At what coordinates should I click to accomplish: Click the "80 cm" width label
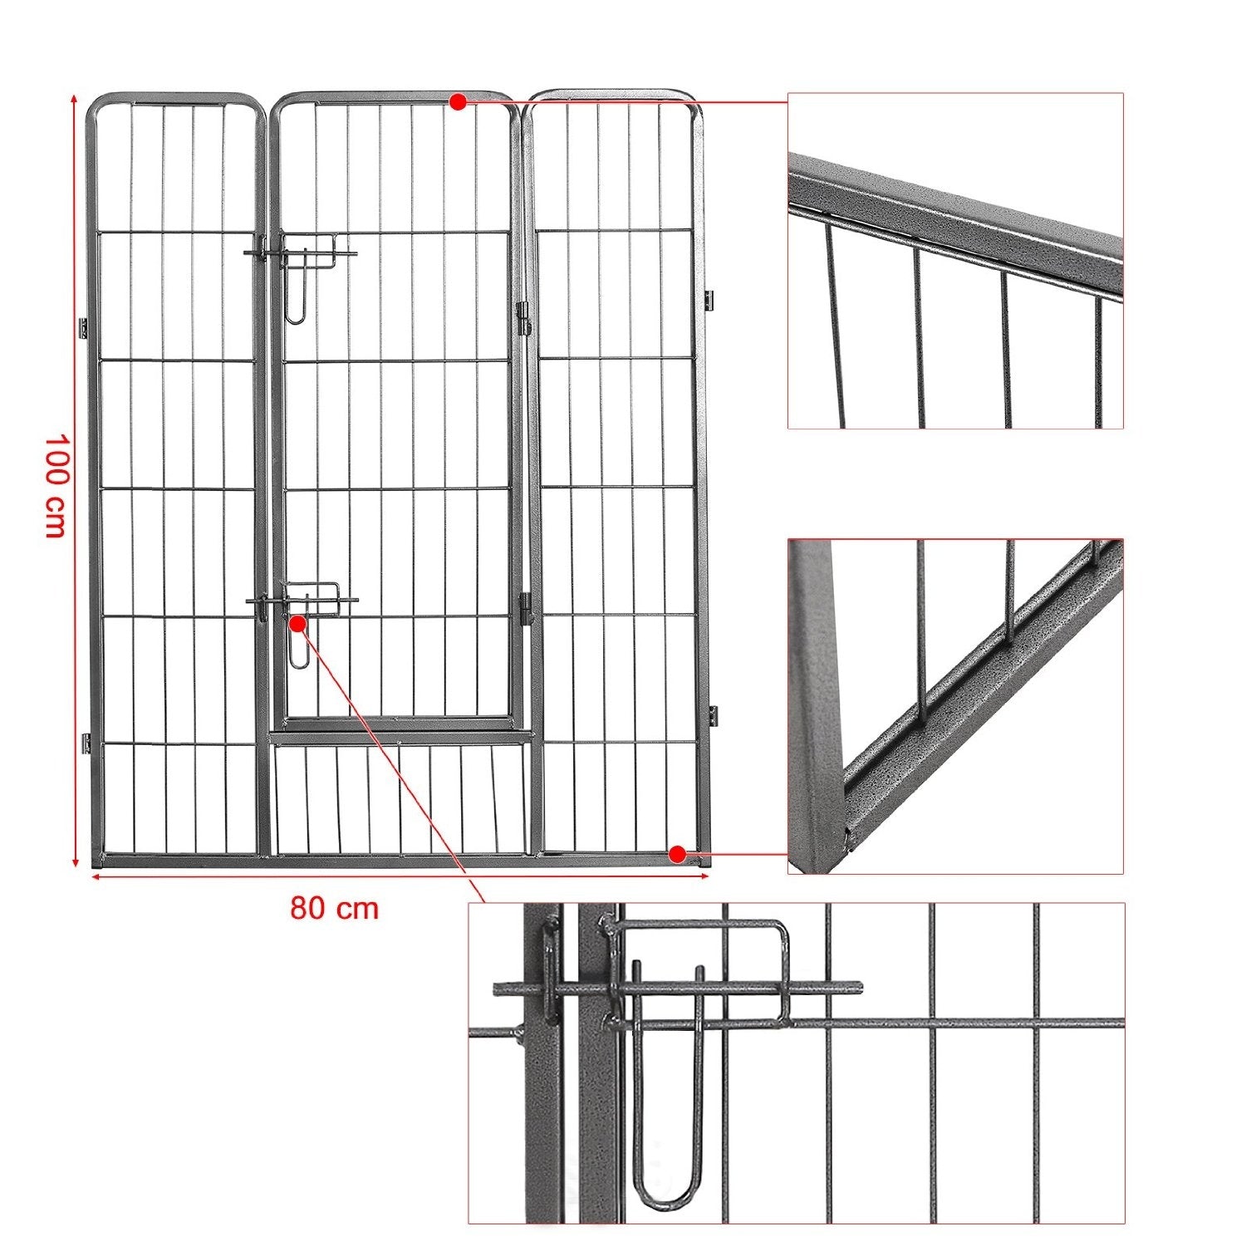334,908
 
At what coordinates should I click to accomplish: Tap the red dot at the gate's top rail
457,101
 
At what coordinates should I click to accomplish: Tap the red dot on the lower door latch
297,621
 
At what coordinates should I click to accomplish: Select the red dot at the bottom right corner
677,853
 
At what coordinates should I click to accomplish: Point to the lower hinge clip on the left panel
85,743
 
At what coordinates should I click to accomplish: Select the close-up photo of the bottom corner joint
955,706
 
